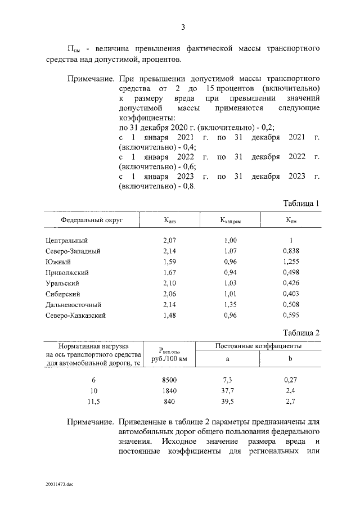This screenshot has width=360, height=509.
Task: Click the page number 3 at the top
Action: (183, 28)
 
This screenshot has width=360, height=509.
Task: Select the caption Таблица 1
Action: (301, 203)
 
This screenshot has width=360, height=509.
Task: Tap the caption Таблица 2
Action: (301, 332)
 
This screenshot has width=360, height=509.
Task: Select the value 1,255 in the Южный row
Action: (291, 262)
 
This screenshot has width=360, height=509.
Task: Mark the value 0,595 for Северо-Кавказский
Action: (291, 315)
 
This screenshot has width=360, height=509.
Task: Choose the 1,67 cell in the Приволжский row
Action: (169, 272)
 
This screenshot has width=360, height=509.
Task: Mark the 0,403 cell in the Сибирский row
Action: (291, 294)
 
